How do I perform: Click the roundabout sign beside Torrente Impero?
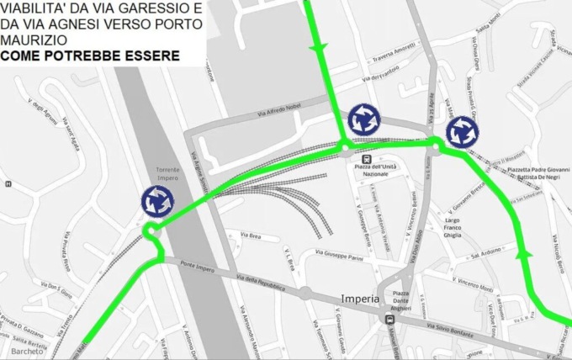158,201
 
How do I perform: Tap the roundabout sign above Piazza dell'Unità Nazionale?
363,119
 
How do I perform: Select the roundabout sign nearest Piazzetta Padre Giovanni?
462,131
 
